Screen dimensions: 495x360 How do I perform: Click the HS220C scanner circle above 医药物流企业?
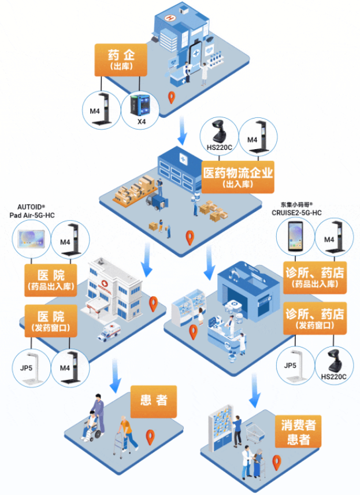[x=218, y=136]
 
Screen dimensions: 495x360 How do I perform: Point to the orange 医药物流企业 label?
[x=238, y=177]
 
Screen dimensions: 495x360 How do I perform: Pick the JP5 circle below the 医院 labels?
[x=31, y=367]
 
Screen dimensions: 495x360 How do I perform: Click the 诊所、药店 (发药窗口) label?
[x=314, y=319]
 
